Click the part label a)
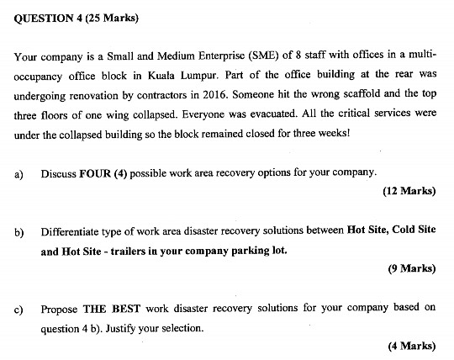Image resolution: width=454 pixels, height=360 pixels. [18, 173]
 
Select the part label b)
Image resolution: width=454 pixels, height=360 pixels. [18, 231]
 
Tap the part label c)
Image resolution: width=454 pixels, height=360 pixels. [18, 309]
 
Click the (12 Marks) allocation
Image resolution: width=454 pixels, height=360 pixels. [409, 191]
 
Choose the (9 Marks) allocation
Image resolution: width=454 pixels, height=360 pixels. [411, 269]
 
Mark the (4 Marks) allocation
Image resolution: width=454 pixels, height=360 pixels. [411, 346]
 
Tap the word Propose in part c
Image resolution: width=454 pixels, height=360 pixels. [60, 309]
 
